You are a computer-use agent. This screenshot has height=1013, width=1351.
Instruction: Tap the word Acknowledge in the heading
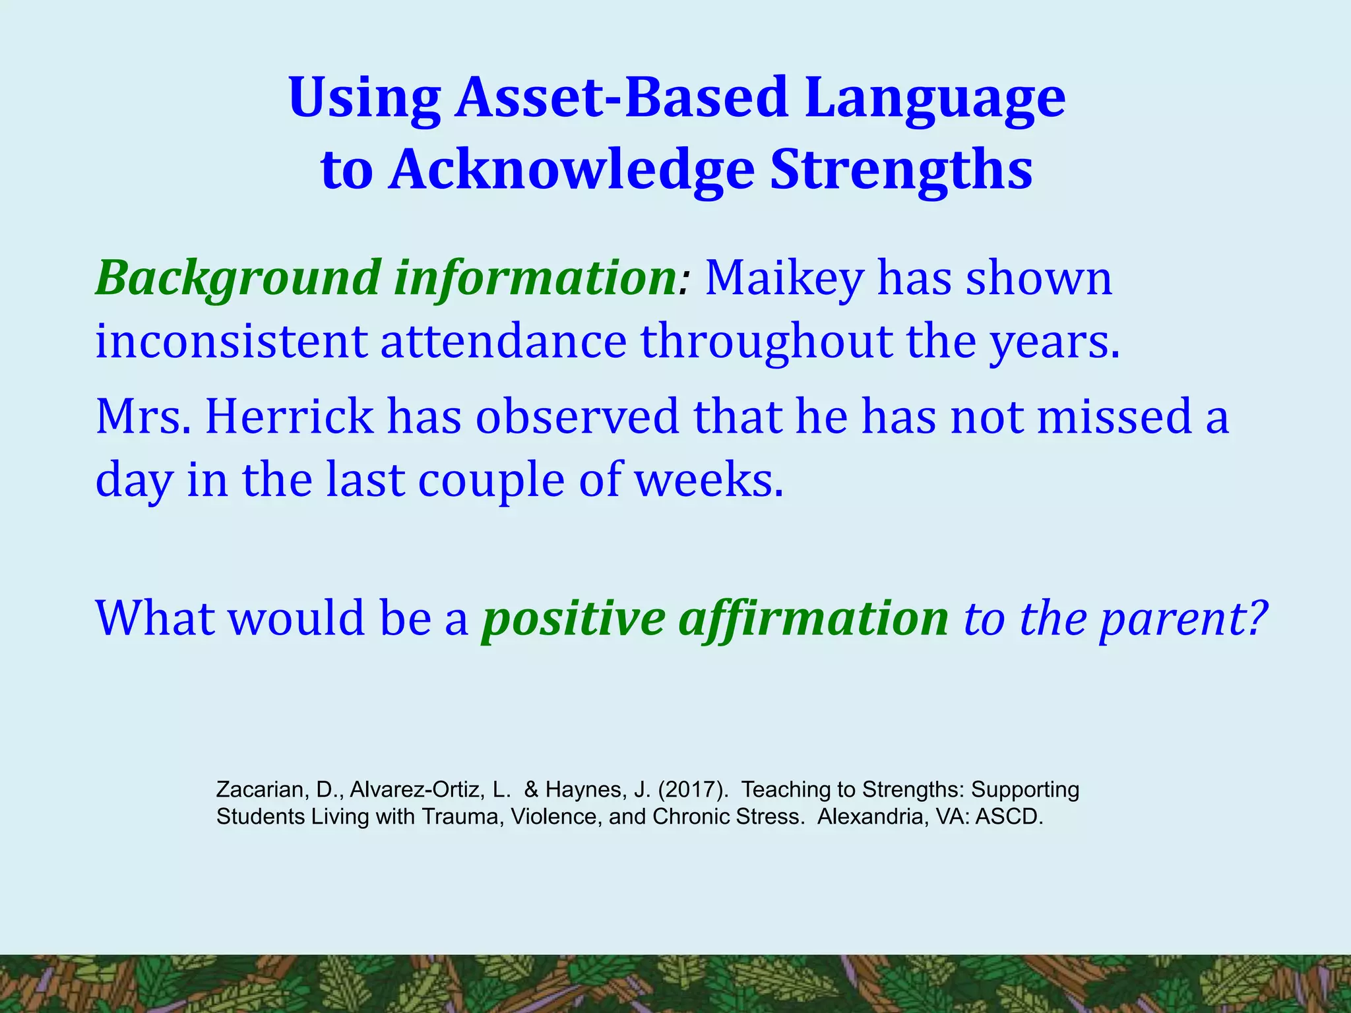tap(572, 169)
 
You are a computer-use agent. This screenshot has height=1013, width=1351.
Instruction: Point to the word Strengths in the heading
tap(901, 169)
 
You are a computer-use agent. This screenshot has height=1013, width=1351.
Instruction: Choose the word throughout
tap(767, 343)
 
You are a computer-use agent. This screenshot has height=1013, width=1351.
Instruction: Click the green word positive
tap(574, 620)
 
